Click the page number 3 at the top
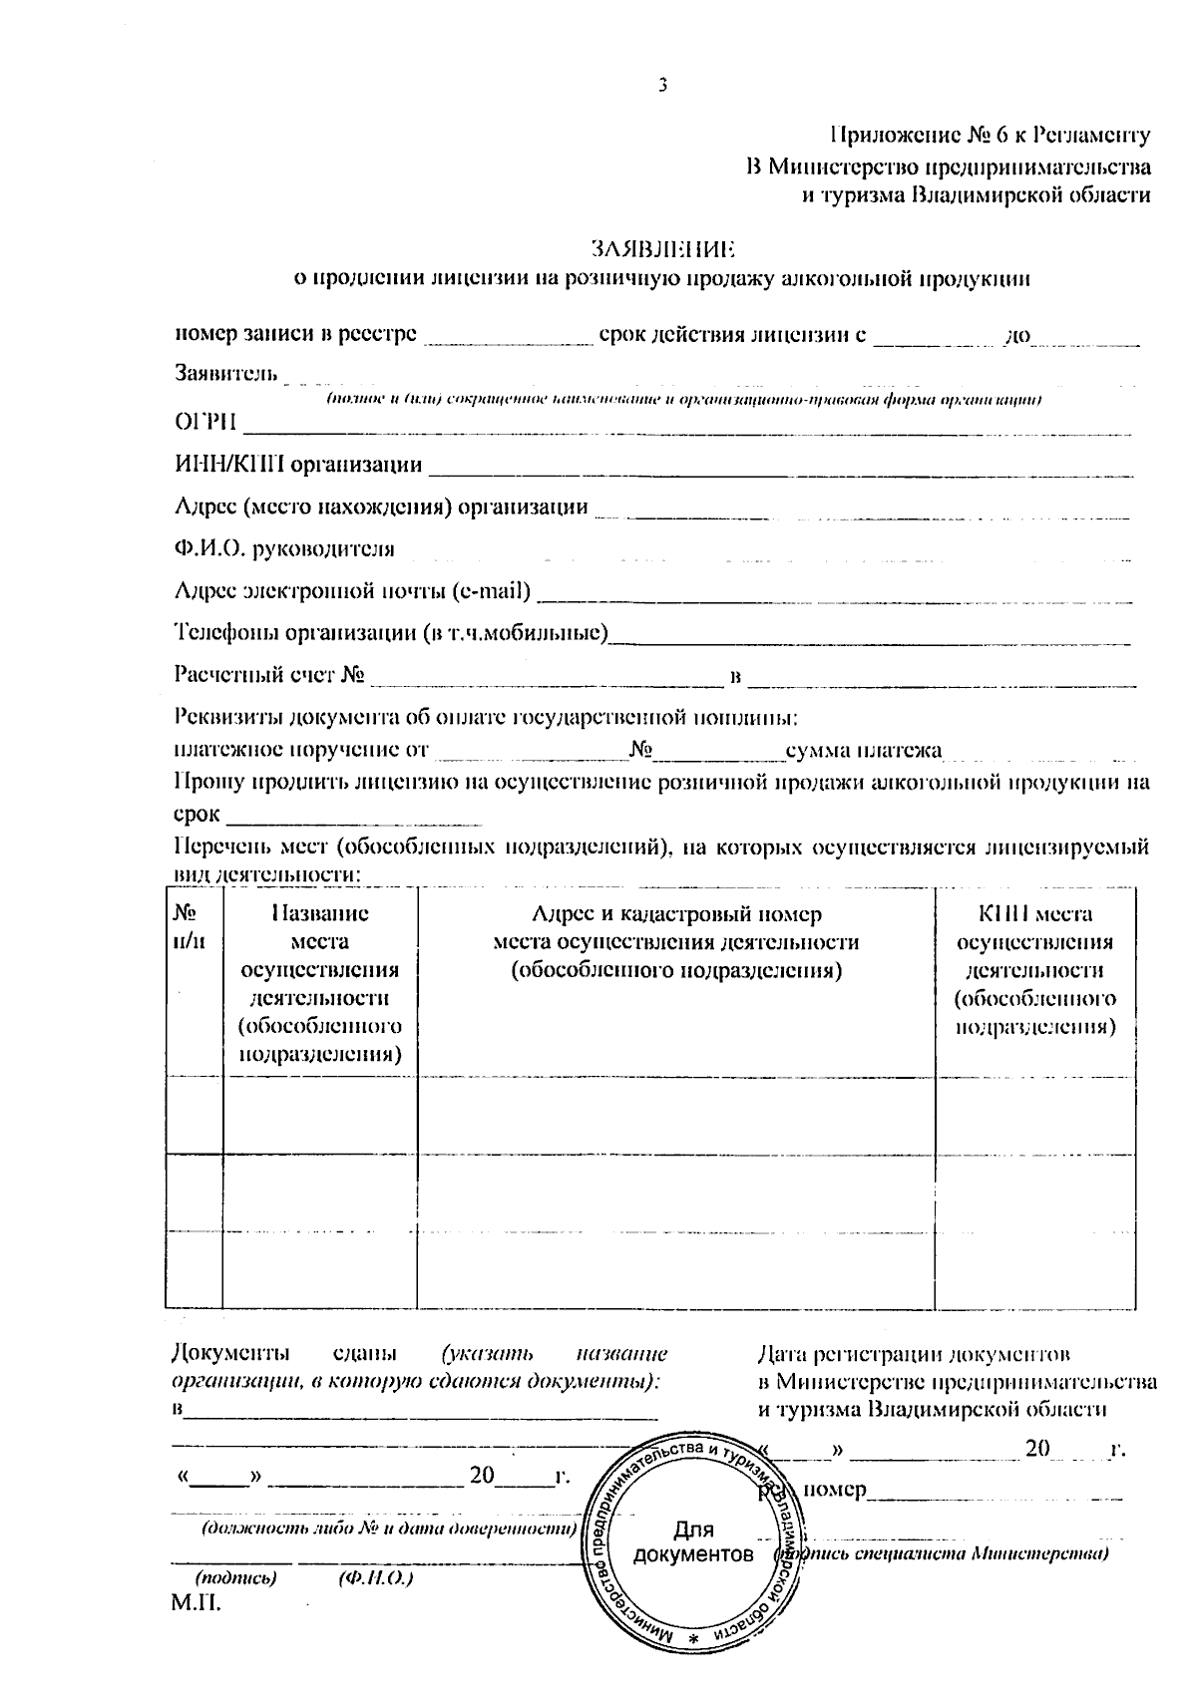pyautogui.click(x=661, y=86)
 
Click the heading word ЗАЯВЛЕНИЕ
pyautogui.click(x=661, y=247)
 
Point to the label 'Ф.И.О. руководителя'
pyautogui.click(x=284, y=549)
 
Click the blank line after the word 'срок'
pyautogui.click(x=354, y=817)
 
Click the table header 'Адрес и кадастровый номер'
pyautogui.click(x=675, y=914)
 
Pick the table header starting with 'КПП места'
pyautogui.click(x=1034, y=969)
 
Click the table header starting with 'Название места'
pyautogui.click(x=319, y=983)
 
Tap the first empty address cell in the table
pyautogui.click(x=675, y=1115)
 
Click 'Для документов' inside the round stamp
pyautogui.click(x=693, y=1542)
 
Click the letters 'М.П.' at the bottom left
pyautogui.click(x=196, y=1603)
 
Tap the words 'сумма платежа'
pyautogui.click(x=863, y=751)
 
